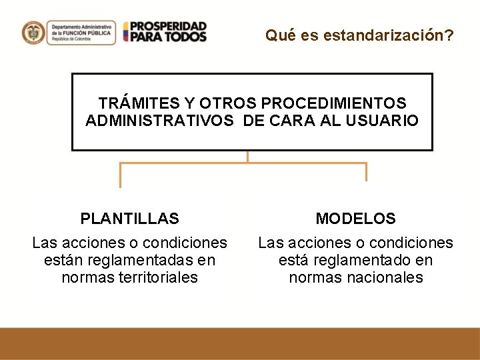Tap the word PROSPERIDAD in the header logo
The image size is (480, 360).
pos(169,26)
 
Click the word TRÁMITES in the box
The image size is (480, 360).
pos(139,103)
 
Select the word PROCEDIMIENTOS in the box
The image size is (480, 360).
pos(334,103)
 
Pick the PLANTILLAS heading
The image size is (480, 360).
pos(130,219)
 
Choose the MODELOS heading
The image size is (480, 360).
pos(355,219)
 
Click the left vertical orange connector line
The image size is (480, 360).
pos(120,175)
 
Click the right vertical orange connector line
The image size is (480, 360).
pos(366,171)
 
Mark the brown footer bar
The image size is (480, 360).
pos(240,343)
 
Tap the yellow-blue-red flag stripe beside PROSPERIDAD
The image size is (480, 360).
pos(125,32)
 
